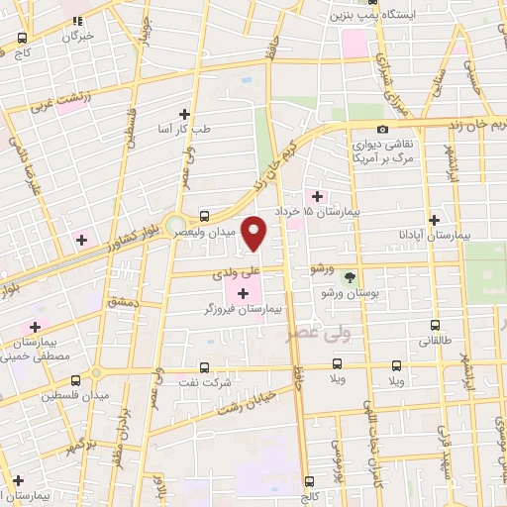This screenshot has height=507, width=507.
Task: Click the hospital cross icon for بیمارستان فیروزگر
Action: pos(244,291)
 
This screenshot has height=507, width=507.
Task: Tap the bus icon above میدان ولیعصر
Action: pos(204,215)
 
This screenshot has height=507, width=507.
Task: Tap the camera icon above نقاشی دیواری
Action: pos(383,128)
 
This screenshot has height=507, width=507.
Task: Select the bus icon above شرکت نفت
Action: pos(204,366)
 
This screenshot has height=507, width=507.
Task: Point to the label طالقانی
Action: pos(436,342)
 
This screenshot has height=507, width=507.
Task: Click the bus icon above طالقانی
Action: pos(436,326)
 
